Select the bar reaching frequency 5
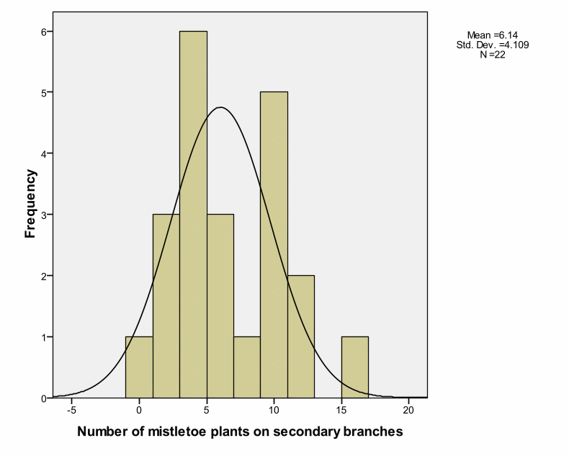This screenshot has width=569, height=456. pos(274,245)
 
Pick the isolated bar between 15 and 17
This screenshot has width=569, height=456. pos(354,367)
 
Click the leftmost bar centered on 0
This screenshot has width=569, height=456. pos(139,367)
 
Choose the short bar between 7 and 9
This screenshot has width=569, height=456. pos(247,367)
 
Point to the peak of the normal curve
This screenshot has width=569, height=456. pos(221,108)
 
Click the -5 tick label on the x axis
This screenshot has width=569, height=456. pos(71,410)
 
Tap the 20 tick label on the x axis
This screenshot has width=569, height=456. pos(408,410)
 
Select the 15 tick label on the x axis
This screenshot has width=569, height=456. pos(341,410)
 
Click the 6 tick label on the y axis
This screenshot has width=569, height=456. pos(43,32)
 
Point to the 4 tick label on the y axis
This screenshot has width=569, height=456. pos(43,153)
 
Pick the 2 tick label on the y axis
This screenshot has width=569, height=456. pos(43,276)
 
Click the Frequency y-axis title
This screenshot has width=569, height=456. pos(30,203)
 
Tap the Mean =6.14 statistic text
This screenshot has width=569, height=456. pos(492,35)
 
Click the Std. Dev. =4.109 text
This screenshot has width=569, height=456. pos(493,45)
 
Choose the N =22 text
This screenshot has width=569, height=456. pos(492,55)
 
